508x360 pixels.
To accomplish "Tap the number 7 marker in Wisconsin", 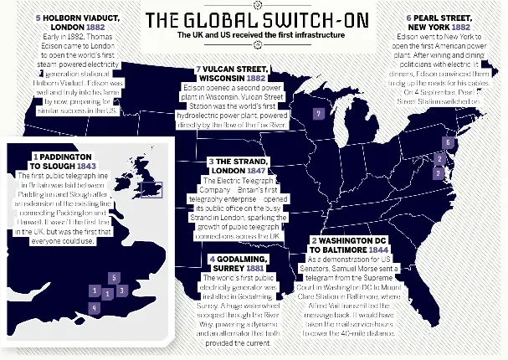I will click(317, 114).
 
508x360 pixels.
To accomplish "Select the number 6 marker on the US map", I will click(448, 143).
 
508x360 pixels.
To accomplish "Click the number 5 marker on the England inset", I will click(113, 277).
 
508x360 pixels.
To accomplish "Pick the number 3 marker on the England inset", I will click(122, 291).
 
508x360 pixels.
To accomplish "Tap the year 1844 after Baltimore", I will click(377, 249).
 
